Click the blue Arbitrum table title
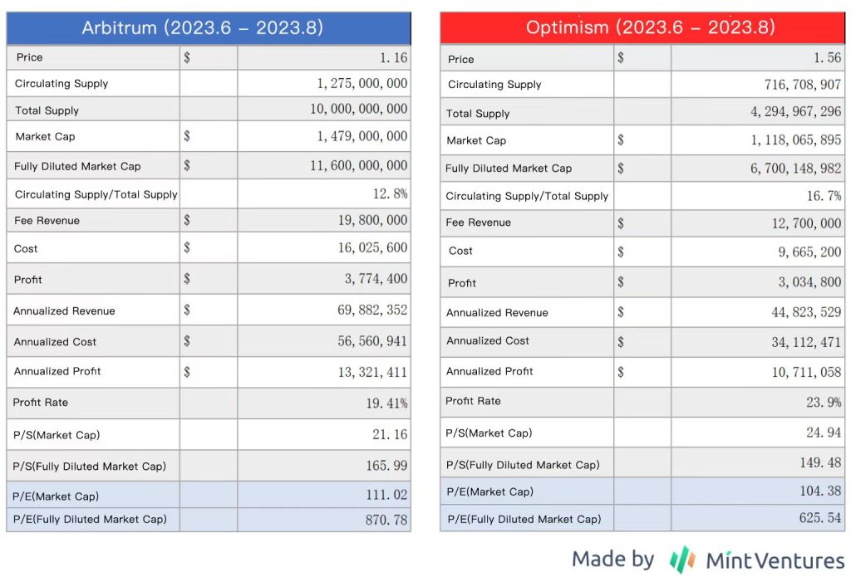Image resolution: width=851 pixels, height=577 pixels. point(208,27)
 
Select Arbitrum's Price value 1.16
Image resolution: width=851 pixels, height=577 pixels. point(390,57)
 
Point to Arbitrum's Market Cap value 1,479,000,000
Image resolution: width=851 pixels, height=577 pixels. point(362,136)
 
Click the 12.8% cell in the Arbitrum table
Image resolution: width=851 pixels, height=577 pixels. point(390,194)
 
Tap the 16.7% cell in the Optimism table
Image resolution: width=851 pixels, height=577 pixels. point(824,196)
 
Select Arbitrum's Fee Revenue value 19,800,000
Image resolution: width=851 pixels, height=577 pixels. point(371,220)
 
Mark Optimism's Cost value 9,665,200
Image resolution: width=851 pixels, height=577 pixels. point(807,252)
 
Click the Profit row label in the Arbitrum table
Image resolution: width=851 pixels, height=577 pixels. point(28,280)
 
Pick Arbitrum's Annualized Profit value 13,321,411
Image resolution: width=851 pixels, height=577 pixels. point(372,372)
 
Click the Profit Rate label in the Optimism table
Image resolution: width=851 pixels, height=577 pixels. point(473,401)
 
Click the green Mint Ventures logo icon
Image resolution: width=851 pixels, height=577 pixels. point(682,560)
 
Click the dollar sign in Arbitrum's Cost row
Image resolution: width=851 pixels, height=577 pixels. point(187,248)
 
